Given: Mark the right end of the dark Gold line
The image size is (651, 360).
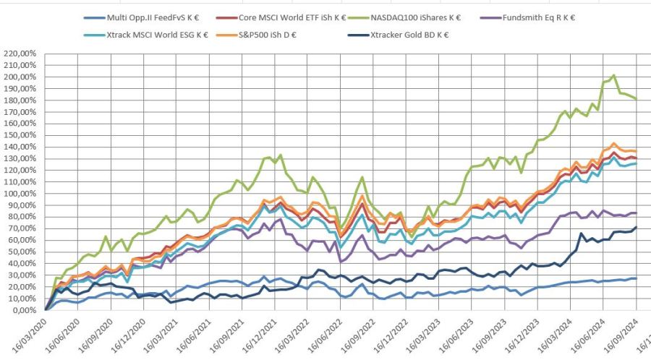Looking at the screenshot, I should (x=636, y=228).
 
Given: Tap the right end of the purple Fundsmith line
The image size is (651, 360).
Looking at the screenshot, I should (x=636, y=213).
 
